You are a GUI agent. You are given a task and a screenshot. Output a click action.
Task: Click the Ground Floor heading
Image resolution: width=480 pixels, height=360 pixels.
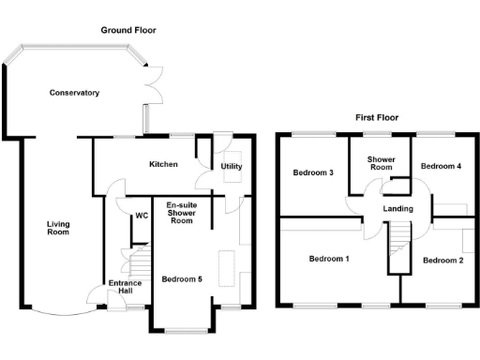(x=128, y=30)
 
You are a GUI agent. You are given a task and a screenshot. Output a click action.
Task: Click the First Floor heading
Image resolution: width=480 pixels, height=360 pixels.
(x=378, y=118)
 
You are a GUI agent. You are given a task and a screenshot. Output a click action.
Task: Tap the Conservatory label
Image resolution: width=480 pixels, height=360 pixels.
(x=75, y=93)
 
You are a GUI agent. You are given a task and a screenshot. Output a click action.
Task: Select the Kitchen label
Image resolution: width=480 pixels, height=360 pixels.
(x=164, y=164)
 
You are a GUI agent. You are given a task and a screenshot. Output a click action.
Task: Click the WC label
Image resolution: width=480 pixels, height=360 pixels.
(x=142, y=216)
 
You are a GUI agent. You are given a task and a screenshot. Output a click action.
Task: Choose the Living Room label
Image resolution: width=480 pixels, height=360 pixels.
(x=58, y=228)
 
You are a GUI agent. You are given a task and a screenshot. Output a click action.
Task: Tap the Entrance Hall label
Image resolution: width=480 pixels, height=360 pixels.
(x=124, y=288)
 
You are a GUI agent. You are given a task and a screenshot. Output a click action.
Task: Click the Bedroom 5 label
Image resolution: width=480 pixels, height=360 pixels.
(x=182, y=279)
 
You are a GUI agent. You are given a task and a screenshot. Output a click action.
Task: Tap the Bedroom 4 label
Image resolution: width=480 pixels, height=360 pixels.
(x=440, y=166)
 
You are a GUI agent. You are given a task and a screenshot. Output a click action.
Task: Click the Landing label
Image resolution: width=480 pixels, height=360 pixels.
(x=398, y=208)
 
